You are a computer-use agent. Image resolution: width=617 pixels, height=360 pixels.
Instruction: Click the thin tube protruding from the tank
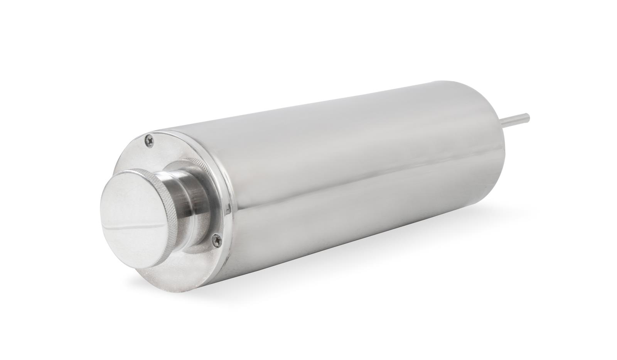517,118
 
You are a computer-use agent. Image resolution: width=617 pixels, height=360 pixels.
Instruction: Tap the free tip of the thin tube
529,115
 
